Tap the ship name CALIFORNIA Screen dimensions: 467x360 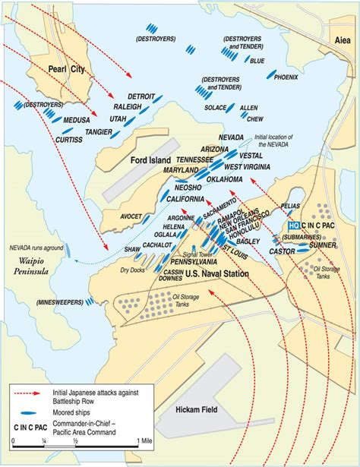pos(181,199)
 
